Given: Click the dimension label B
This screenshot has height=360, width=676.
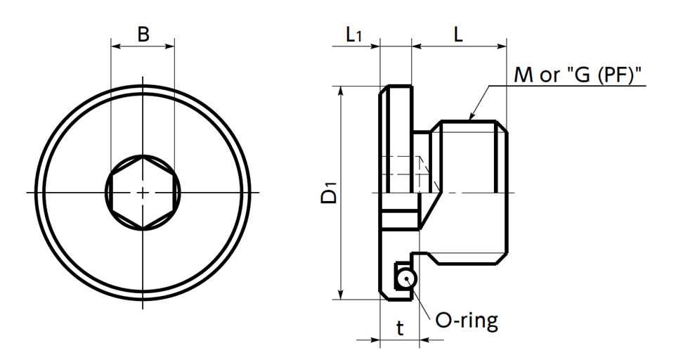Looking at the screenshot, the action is tap(143, 34).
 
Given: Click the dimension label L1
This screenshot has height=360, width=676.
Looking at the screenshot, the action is tap(353, 34).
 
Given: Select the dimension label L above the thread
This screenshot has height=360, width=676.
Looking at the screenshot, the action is tap(458, 34).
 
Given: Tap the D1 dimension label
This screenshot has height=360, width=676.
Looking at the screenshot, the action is tap(330, 193).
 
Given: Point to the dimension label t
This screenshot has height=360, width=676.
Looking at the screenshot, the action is tap(400, 328).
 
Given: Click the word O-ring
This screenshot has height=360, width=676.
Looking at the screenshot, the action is tap(467, 321).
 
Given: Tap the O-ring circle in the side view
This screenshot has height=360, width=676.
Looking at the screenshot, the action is tap(405, 279).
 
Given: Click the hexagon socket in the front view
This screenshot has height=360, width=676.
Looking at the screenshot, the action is tap(143, 192).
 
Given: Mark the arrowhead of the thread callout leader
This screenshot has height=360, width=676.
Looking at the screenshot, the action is tap(472, 115).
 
